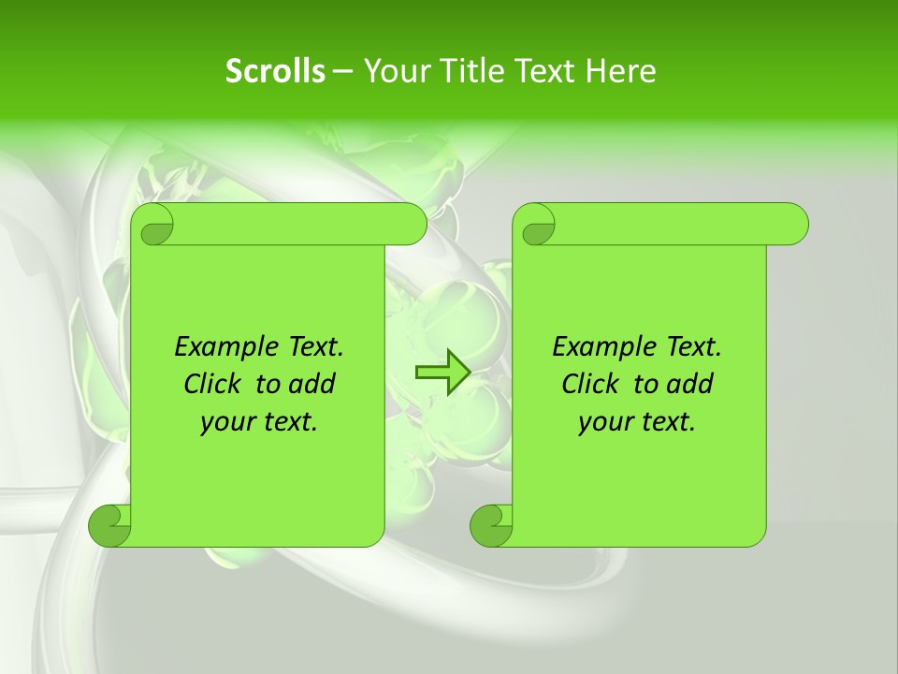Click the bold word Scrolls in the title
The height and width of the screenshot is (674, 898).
(276, 71)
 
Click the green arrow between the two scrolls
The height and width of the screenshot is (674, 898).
(442, 373)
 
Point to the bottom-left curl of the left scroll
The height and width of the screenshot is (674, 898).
(109, 525)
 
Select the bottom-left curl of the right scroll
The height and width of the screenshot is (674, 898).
(491, 525)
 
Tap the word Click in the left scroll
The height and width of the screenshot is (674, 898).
(213, 385)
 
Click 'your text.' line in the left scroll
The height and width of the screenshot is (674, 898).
(259, 422)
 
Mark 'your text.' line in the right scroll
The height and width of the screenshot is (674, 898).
(637, 422)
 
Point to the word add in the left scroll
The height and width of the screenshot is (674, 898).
(311, 385)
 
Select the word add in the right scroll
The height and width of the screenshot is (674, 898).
(689, 385)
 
